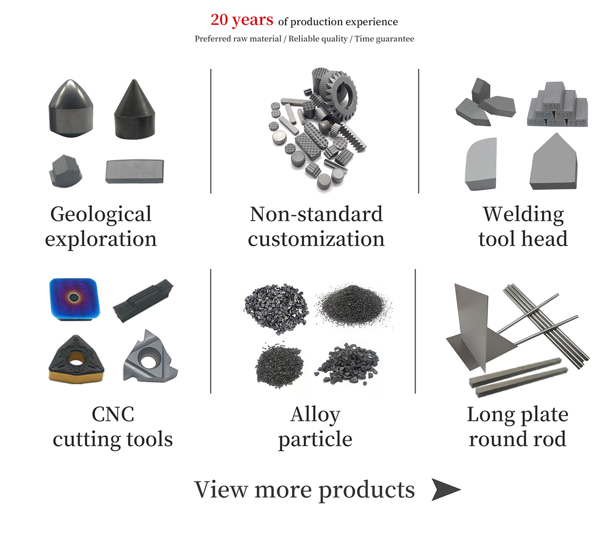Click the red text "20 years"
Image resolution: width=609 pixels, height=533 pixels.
pos(242,20)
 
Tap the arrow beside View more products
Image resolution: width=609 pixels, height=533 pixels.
pos(445,489)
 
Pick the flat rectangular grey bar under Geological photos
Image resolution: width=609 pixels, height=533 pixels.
pos(134,171)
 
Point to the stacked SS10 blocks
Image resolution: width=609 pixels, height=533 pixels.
pos(557,110)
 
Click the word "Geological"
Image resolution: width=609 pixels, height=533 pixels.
pos(101,214)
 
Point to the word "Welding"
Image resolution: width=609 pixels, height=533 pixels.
pos(523,214)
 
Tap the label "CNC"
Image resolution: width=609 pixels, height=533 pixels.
pos(113,414)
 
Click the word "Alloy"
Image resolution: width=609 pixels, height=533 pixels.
pos(315,414)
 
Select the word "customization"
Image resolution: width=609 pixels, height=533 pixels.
pos(316,239)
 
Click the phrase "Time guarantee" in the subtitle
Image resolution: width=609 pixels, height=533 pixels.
pos(384,39)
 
